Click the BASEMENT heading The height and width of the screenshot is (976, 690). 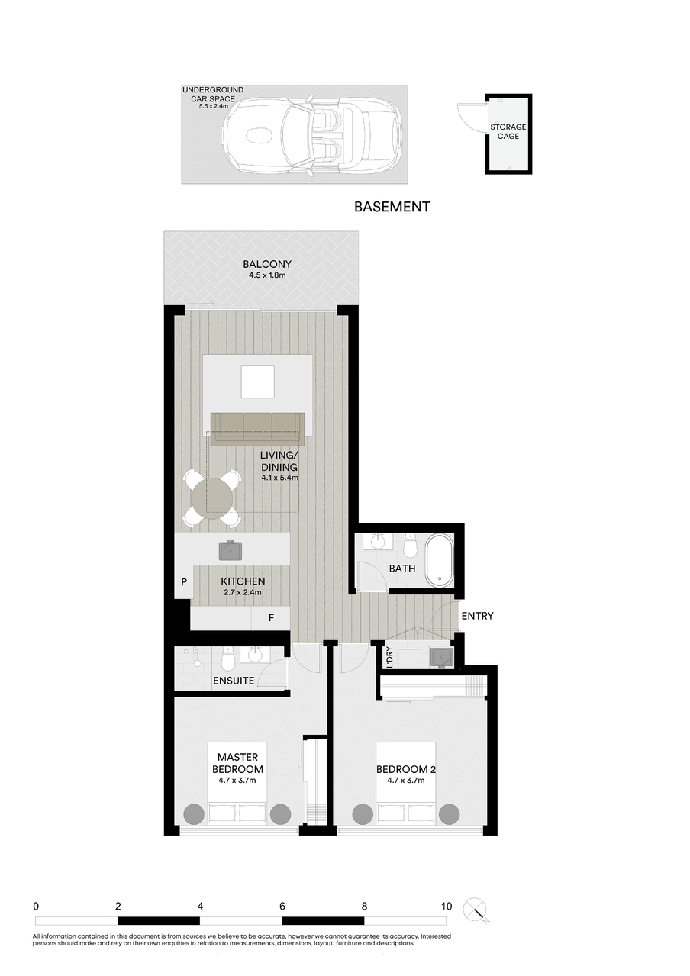392,207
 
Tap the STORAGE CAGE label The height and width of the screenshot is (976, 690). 508,131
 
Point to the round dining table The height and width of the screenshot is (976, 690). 212,498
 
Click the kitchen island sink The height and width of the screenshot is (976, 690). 230,550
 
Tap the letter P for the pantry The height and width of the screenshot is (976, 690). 184,581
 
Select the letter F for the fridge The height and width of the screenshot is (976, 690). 271,617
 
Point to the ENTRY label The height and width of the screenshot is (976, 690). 477,616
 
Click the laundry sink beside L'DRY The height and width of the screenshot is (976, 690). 441,657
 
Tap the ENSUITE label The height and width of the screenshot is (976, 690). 234,681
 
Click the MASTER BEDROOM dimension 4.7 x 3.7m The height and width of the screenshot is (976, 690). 237,780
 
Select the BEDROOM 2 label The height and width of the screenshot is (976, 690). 406,769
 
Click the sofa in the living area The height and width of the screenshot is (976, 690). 258,429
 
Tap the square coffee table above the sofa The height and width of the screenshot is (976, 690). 258,382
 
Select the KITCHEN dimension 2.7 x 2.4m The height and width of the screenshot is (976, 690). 243,592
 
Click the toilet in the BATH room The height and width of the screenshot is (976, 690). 409,546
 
